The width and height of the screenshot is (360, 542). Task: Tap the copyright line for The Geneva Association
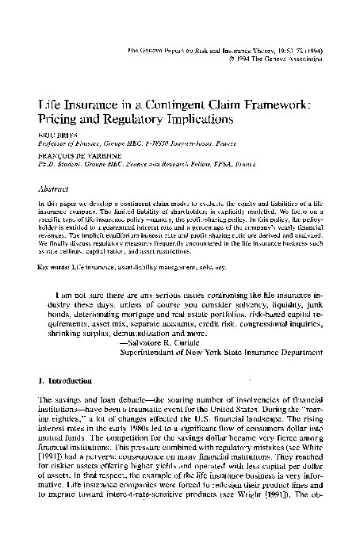(276, 59)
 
